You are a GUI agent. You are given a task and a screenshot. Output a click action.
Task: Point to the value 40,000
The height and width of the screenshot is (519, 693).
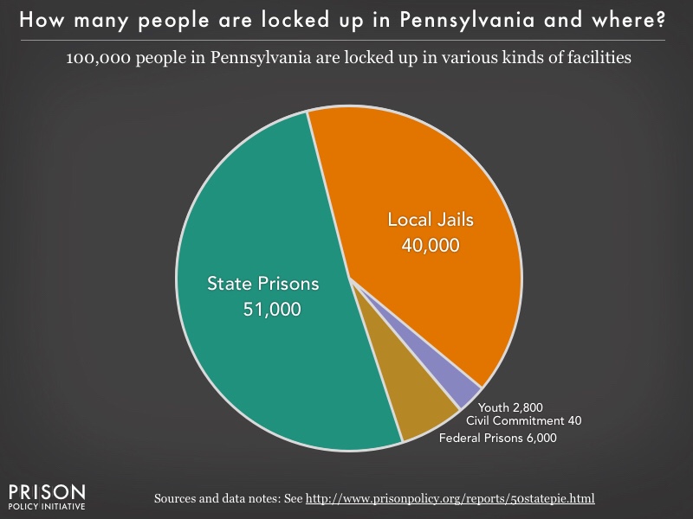(431, 245)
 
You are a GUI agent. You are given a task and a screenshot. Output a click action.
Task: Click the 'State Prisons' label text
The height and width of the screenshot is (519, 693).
(262, 283)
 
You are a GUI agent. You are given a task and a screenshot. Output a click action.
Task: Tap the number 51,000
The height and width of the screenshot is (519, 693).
(272, 309)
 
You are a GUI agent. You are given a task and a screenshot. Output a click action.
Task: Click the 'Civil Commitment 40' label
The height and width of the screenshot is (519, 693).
(523, 420)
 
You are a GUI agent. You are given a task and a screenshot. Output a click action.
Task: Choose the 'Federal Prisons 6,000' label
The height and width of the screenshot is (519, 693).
(497, 438)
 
